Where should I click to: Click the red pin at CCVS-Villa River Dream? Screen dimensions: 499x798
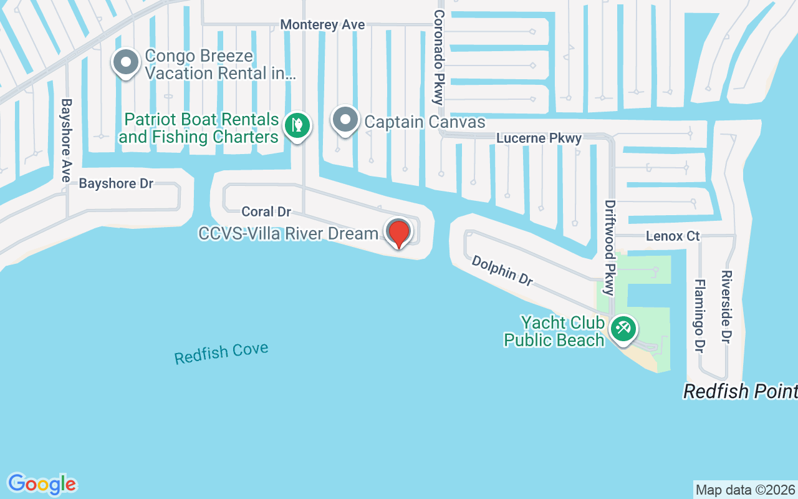pyautogui.click(x=399, y=233)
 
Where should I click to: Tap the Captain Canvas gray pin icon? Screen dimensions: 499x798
pyautogui.click(x=345, y=119)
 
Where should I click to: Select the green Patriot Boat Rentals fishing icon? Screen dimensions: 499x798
pyautogui.click(x=298, y=125)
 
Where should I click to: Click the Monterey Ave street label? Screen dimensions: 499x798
pyautogui.click(x=322, y=24)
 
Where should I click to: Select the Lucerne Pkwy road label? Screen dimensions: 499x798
pyautogui.click(x=539, y=138)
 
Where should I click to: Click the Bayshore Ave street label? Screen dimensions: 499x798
pyautogui.click(x=66, y=140)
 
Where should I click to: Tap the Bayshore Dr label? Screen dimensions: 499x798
pyautogui.click(x=116, y=183)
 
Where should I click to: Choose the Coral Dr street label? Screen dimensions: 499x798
pyautogui.click(x=266, y=211)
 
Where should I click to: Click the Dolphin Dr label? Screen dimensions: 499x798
pyautogui.click(x=502, y=271)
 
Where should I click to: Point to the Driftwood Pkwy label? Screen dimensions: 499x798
pyautogui.click(x=610, y=247)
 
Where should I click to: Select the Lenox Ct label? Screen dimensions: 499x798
pyautogui.click(x=673, y=236)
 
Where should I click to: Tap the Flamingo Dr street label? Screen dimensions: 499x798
pyautogui.click(x=699, y=316)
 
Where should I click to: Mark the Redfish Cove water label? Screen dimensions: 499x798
pyautogui.click(x=221, y=353)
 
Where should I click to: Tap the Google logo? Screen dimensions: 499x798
pyautogui.click(x=42, y=484)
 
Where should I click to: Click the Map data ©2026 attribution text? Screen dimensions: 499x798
pyautogui.click(x=745, y=490)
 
